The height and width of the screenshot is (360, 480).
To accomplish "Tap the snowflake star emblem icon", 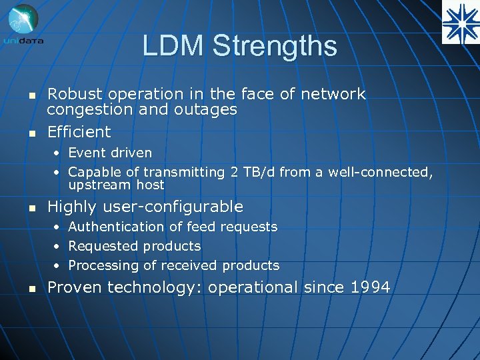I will point(460,21).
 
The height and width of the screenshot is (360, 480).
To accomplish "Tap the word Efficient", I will point(79,131).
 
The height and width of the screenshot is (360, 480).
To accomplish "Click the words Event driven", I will point(110,153).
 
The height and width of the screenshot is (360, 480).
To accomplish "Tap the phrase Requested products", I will point(134,246).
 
